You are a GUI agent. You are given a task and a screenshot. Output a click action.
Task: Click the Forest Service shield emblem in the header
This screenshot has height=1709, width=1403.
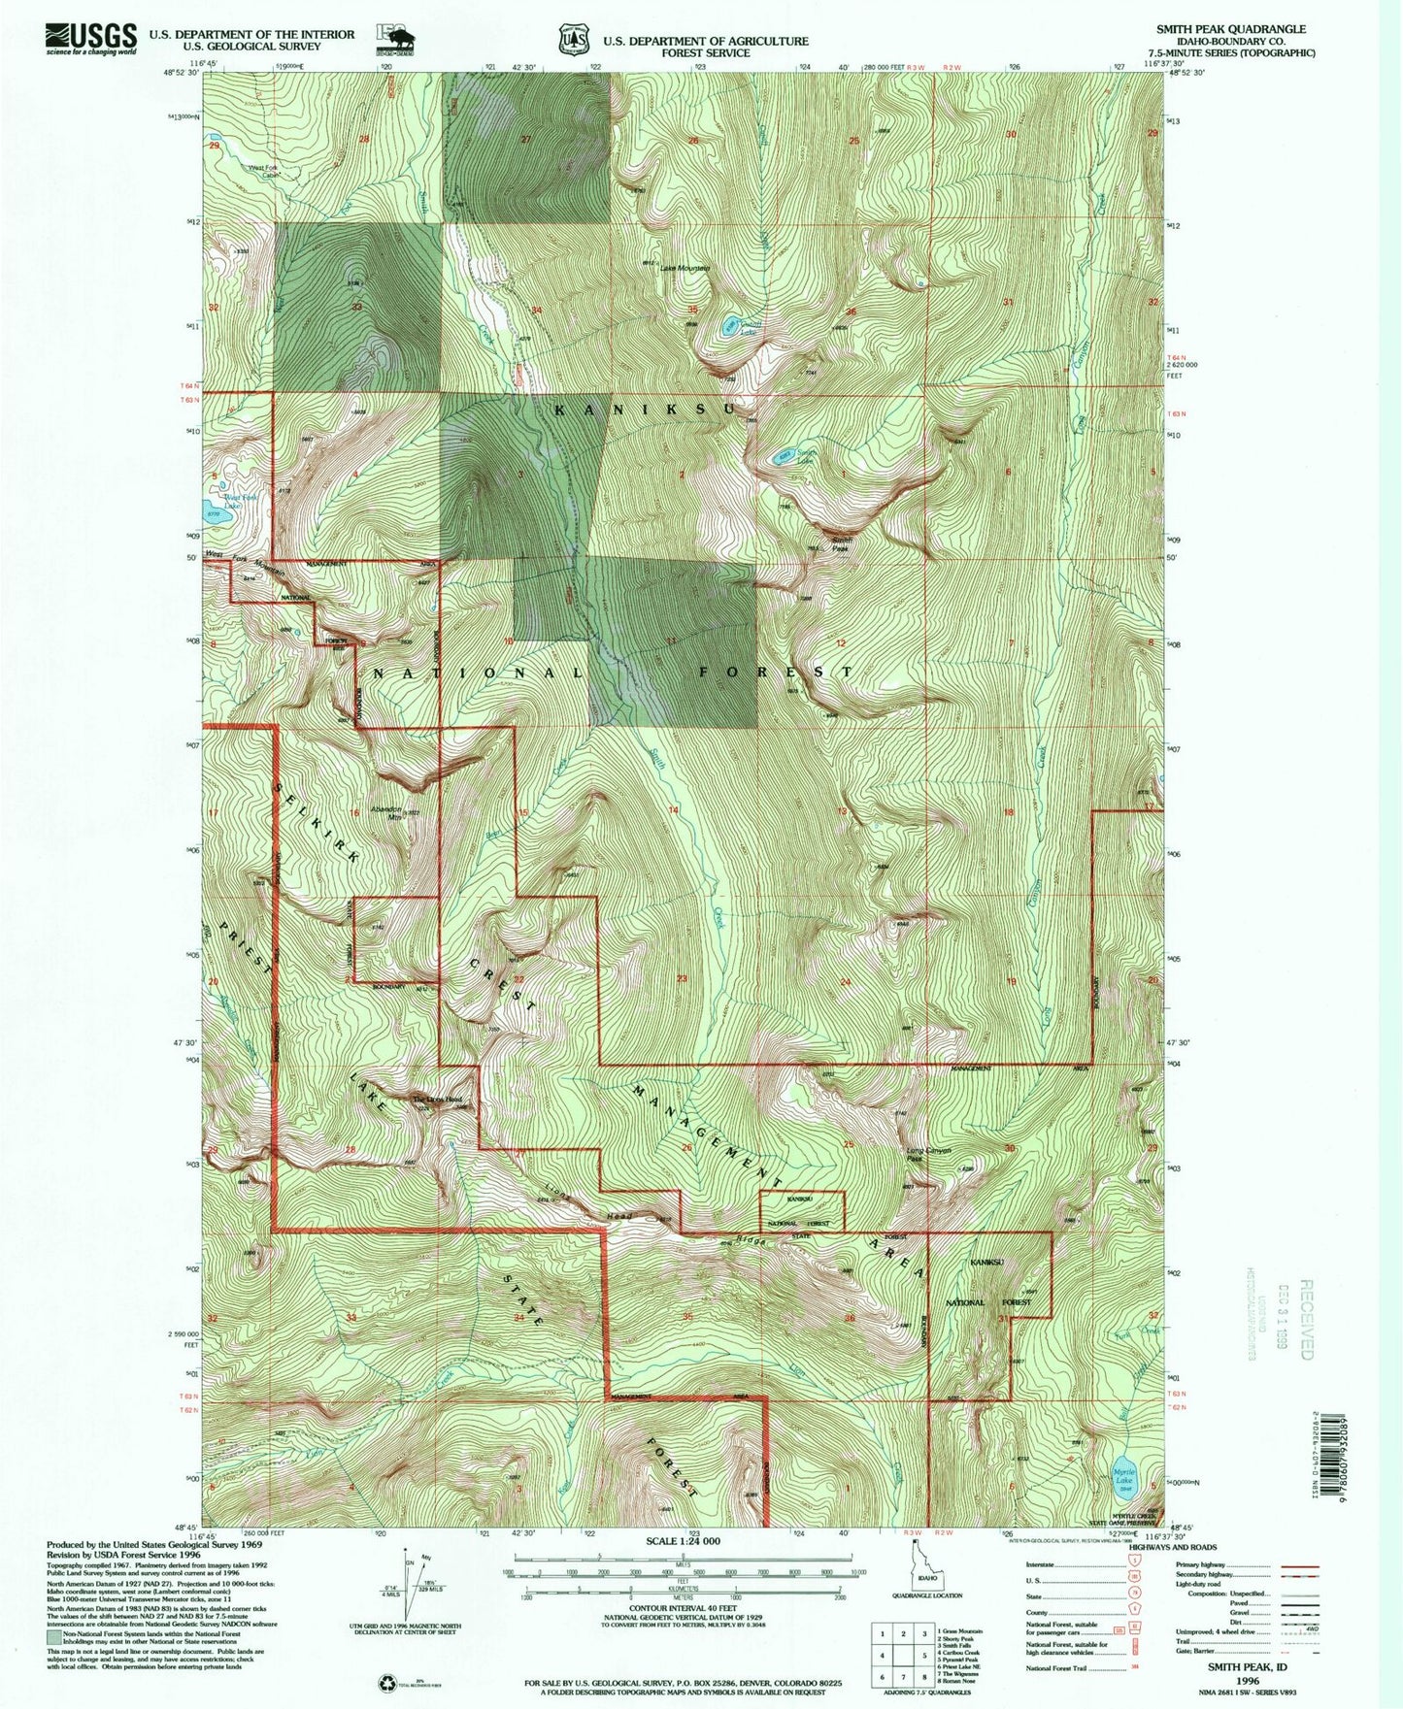(573, 40)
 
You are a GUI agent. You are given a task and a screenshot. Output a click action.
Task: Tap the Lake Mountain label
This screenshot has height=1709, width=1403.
(685, 269)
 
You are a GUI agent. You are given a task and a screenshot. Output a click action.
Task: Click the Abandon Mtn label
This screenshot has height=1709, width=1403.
(382, 813)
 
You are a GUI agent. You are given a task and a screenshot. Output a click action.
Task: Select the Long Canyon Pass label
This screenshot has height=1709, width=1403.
(927, 1154)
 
